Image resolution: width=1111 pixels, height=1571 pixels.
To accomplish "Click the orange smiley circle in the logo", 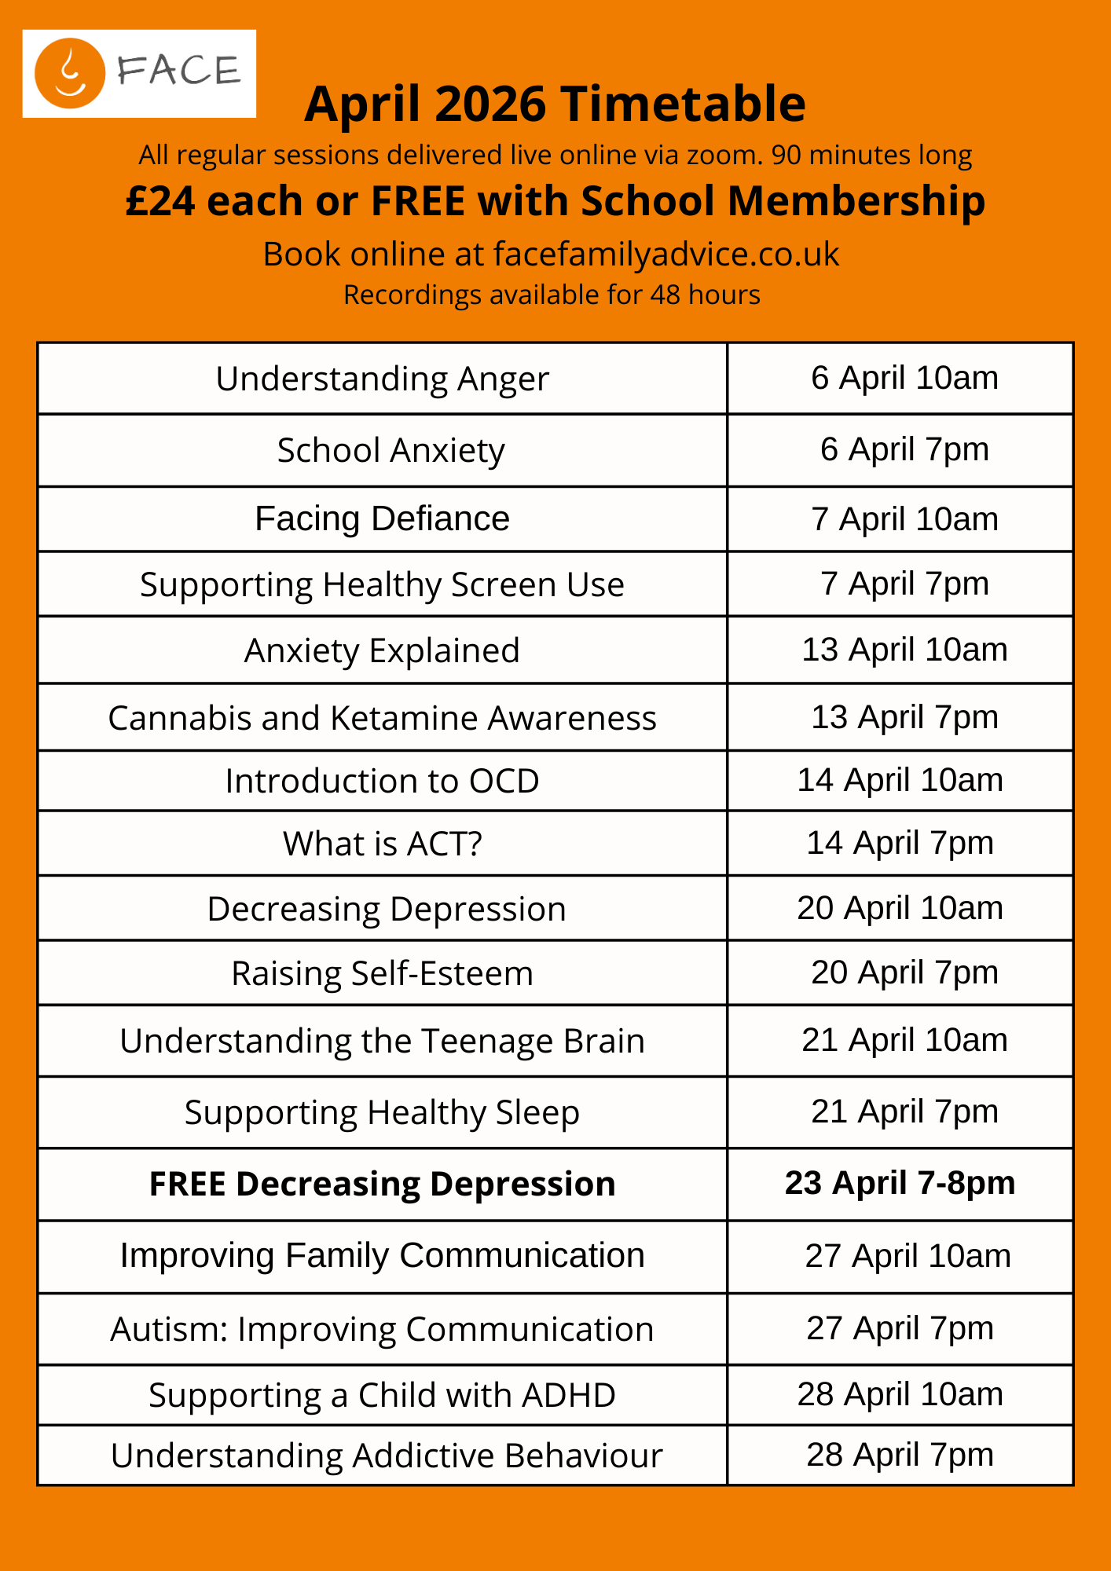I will pos(70,73).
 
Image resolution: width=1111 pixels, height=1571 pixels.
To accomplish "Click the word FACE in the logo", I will pos(179,71).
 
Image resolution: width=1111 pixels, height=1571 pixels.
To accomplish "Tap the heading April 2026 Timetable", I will pos(555,104).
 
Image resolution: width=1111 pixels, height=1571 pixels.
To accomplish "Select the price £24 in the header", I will pos(159,201).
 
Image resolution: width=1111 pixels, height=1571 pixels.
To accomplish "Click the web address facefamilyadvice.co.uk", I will pos(666,255).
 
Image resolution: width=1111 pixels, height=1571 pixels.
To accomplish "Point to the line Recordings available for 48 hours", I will pos(552,295).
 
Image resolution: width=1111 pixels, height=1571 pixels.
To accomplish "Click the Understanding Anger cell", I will pos(382,379).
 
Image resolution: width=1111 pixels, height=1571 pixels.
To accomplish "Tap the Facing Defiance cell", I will pos(382,519).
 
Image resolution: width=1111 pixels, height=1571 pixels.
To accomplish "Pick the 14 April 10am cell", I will pos(900,781).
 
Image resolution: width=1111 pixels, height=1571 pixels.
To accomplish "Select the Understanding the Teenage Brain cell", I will pos(382,1042).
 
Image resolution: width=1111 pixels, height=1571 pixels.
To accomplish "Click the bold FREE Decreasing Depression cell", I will pos(382,1185).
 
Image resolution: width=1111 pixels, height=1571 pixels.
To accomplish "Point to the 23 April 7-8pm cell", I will pos(900,1184).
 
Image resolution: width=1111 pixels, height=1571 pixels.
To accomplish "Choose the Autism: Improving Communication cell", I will pos(382,1330).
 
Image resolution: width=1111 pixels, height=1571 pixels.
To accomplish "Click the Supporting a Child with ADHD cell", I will pos(382,1396).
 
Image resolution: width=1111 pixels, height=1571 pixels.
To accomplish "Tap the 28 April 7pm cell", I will pos(900,1456).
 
